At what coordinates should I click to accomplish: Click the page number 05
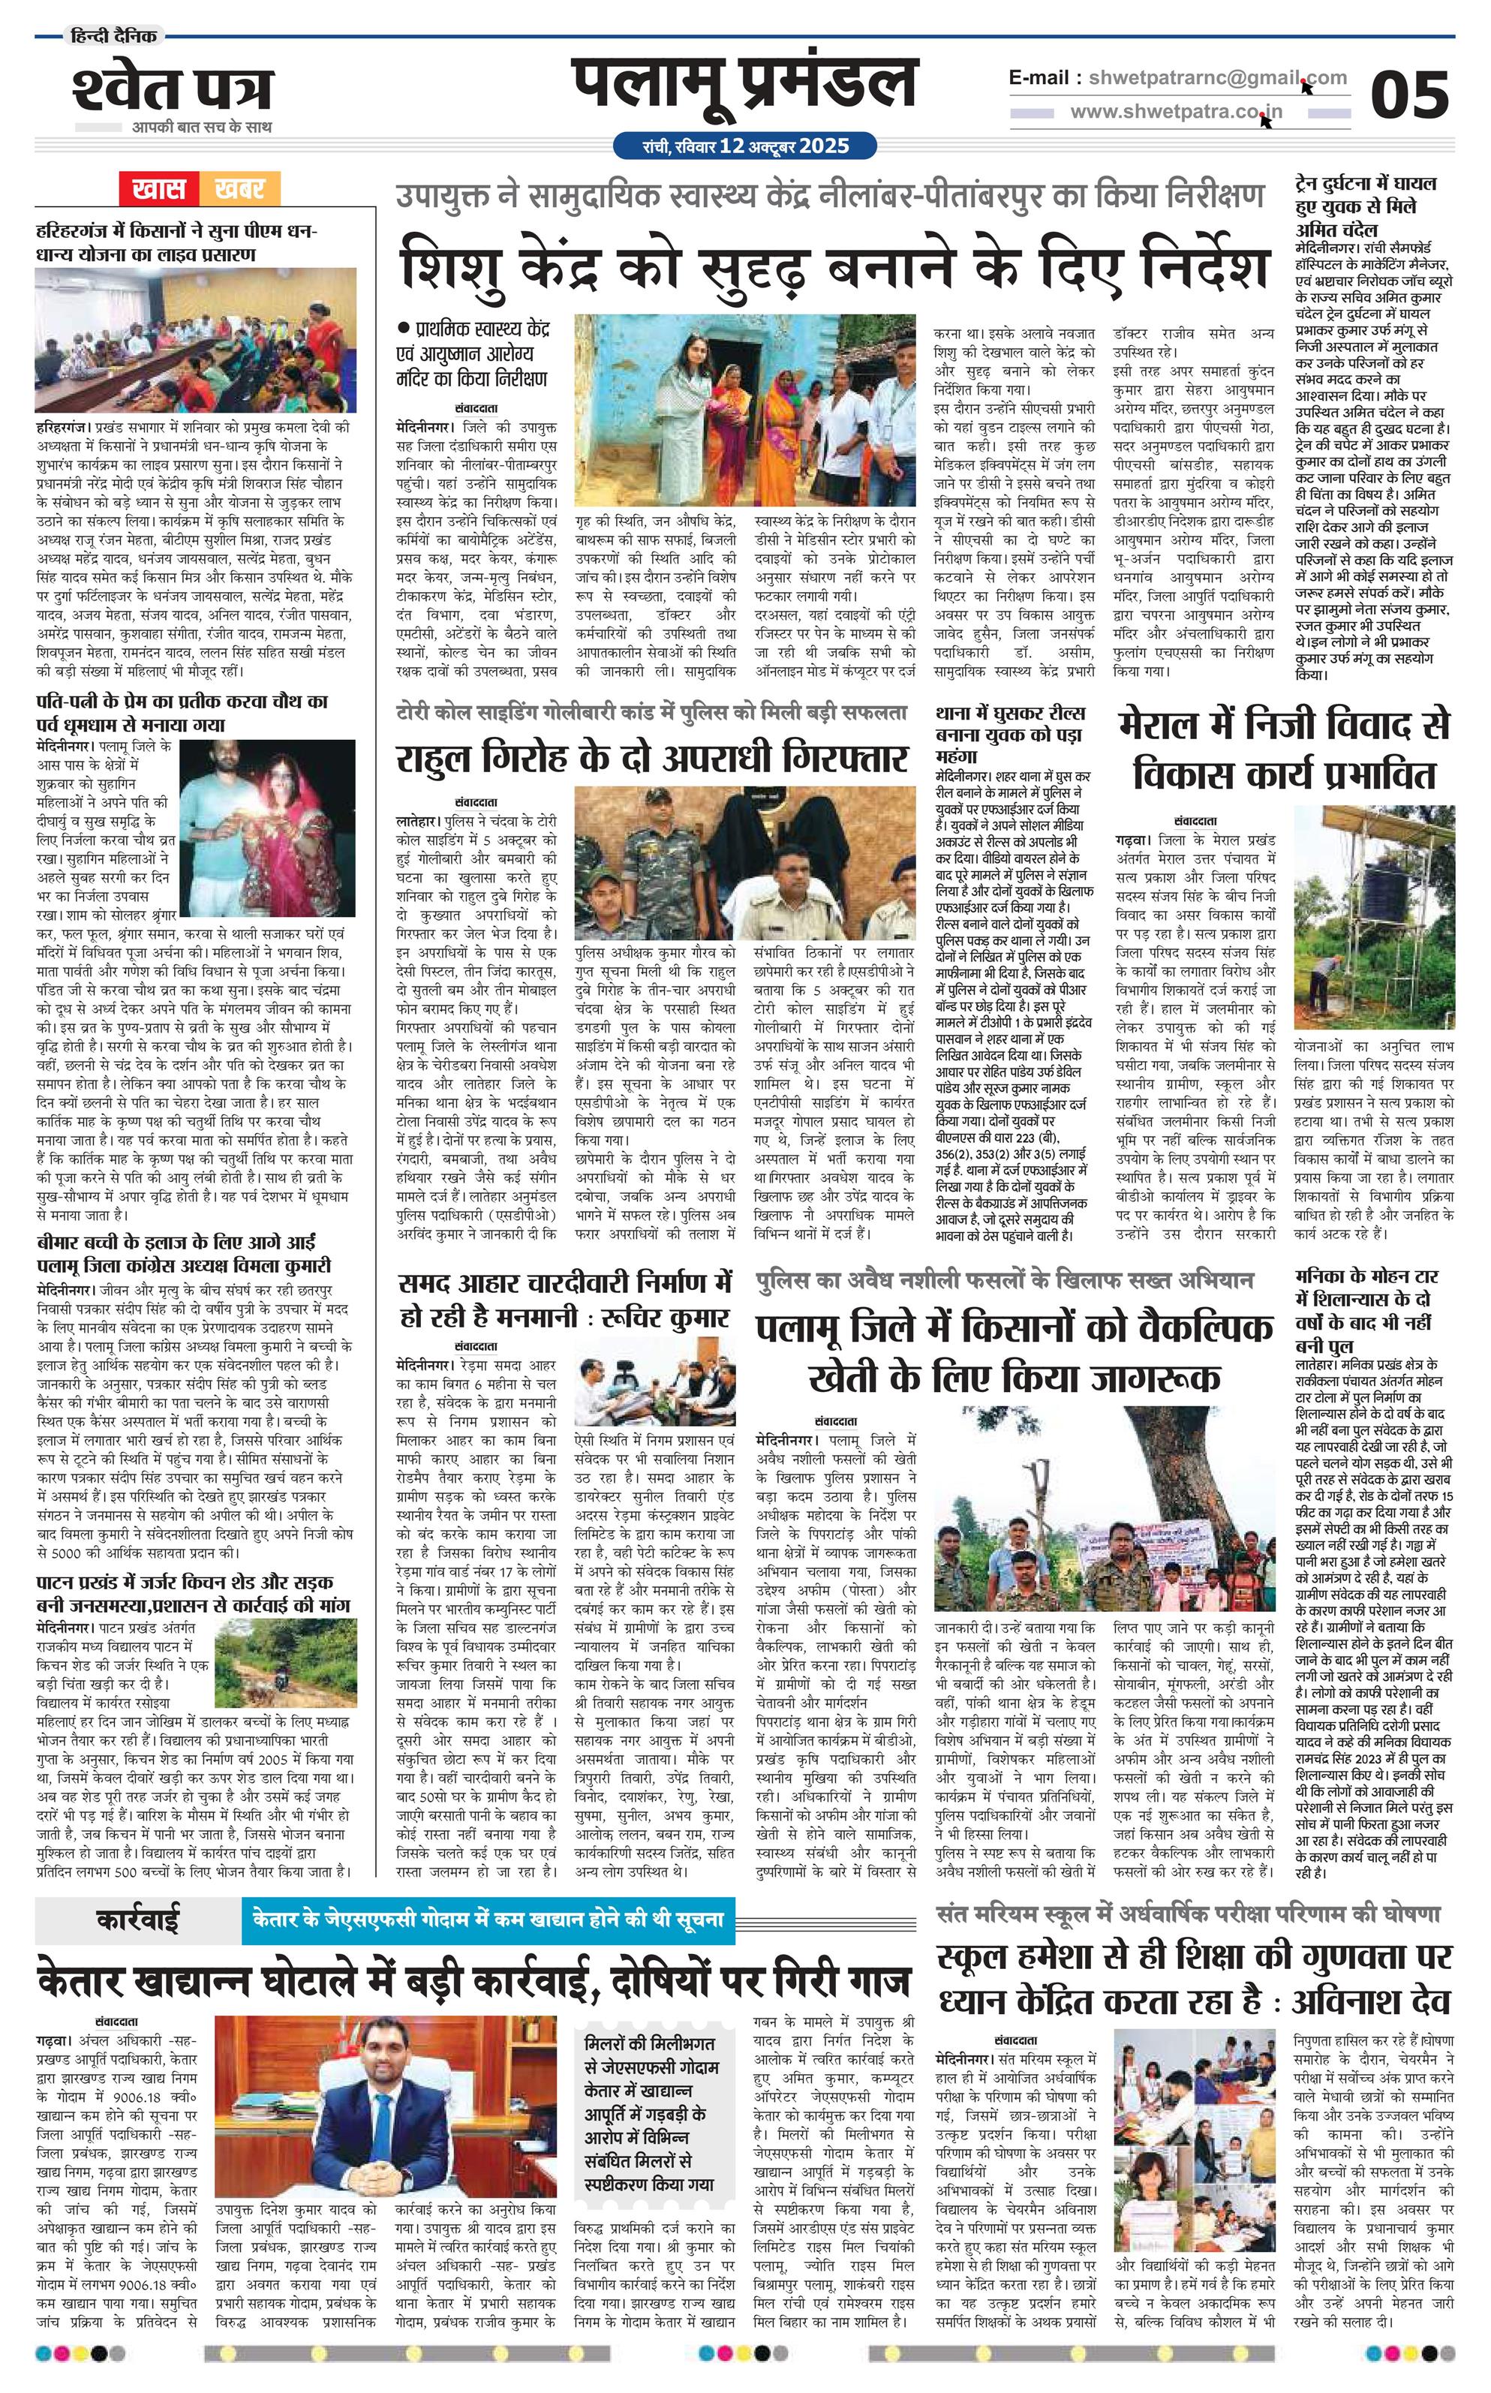[x=1409, y=95]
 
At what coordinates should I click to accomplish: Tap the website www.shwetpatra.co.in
[x=1177, y=113]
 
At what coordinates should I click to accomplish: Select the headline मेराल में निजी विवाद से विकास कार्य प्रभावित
[x=1285, y=751]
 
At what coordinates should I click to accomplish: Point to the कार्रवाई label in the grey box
[x=138, y=1919]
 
